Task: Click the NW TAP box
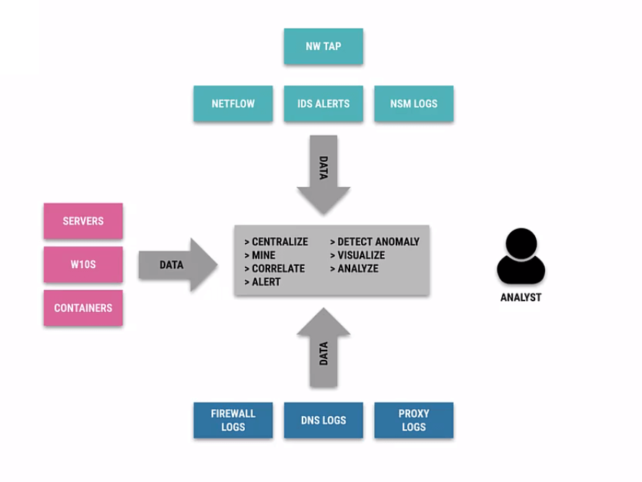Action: coord(323,46)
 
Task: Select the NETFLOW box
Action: coord(233,103)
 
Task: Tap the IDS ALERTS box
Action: coord(323,103)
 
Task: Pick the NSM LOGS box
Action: coord(414,103)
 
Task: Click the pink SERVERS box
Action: coord(83,221)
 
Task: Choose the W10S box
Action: coord(83,264)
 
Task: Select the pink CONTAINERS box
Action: coord(83,308)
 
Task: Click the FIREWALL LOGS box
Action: coord(233,420)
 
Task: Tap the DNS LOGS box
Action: coord(323,420)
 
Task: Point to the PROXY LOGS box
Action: coord(414,420)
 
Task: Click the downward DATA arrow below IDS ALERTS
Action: coord(324,173)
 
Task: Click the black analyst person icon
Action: coord(521,257)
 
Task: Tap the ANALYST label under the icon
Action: coord(521,297)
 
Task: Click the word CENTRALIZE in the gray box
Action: coord(279,242)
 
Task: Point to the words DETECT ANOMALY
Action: coord(378,242)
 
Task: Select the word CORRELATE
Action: coord(278,269)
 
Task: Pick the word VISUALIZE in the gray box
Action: coord(361,255)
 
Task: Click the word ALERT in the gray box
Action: coord(266,282)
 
